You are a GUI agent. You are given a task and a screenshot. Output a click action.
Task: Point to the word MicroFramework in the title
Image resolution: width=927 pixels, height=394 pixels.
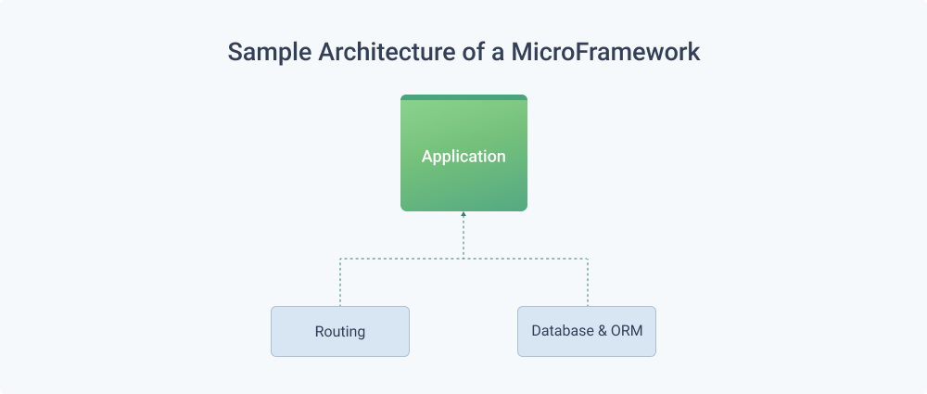pos(605,52)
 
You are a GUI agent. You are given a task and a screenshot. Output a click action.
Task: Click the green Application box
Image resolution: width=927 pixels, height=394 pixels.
pos(463,153)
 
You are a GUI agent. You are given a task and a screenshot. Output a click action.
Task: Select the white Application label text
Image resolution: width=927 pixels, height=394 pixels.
pos(463,157)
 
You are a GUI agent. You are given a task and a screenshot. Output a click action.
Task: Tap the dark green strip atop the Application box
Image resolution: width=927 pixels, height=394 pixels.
pos(463,97)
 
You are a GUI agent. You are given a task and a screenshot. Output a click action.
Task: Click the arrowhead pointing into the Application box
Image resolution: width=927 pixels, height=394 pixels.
pos(463,214)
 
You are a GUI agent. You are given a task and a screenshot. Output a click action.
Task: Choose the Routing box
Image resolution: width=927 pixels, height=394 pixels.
pos(340,331)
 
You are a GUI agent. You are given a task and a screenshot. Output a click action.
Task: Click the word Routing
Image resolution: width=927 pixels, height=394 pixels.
pos(340,332)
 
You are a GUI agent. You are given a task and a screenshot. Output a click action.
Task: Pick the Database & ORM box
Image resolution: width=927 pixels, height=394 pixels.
pos(587,331)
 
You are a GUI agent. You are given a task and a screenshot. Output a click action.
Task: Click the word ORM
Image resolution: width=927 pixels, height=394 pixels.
pos(627,331)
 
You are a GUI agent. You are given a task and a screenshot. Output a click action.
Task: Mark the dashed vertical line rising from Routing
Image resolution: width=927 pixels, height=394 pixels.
pos(340,282)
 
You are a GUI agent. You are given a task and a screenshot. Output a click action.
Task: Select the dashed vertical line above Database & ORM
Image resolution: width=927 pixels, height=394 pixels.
pos(588,282)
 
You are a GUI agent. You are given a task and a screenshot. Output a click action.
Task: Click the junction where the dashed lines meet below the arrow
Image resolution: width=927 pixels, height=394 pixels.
pos(463,259)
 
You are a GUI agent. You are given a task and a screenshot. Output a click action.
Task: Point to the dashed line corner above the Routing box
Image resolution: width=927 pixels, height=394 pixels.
pos(340,259)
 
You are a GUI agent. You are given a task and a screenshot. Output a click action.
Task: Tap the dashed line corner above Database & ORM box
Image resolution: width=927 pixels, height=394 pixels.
pos(588,259)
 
